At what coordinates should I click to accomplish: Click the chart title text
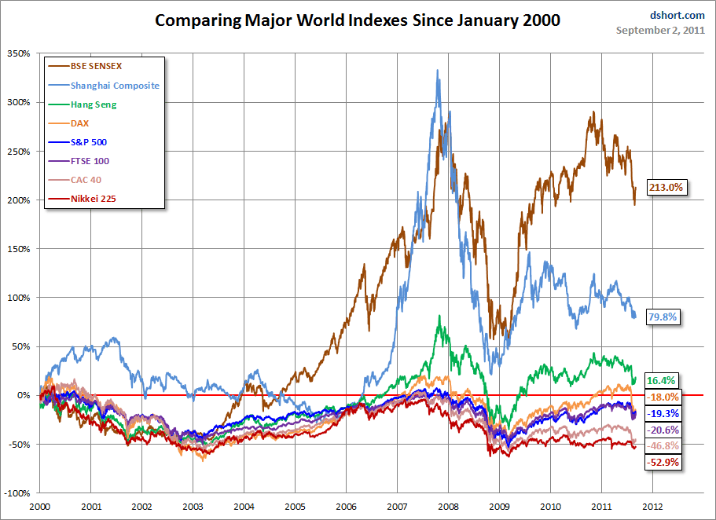point(358,20)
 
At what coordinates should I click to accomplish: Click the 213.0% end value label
point(667,187)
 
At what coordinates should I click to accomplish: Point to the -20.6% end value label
point(663,430)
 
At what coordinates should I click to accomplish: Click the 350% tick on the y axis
point(19,53)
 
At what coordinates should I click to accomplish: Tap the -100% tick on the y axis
point(17,493)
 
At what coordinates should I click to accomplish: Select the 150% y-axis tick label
point(19,249)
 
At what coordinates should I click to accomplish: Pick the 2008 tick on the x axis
point(448,507)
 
